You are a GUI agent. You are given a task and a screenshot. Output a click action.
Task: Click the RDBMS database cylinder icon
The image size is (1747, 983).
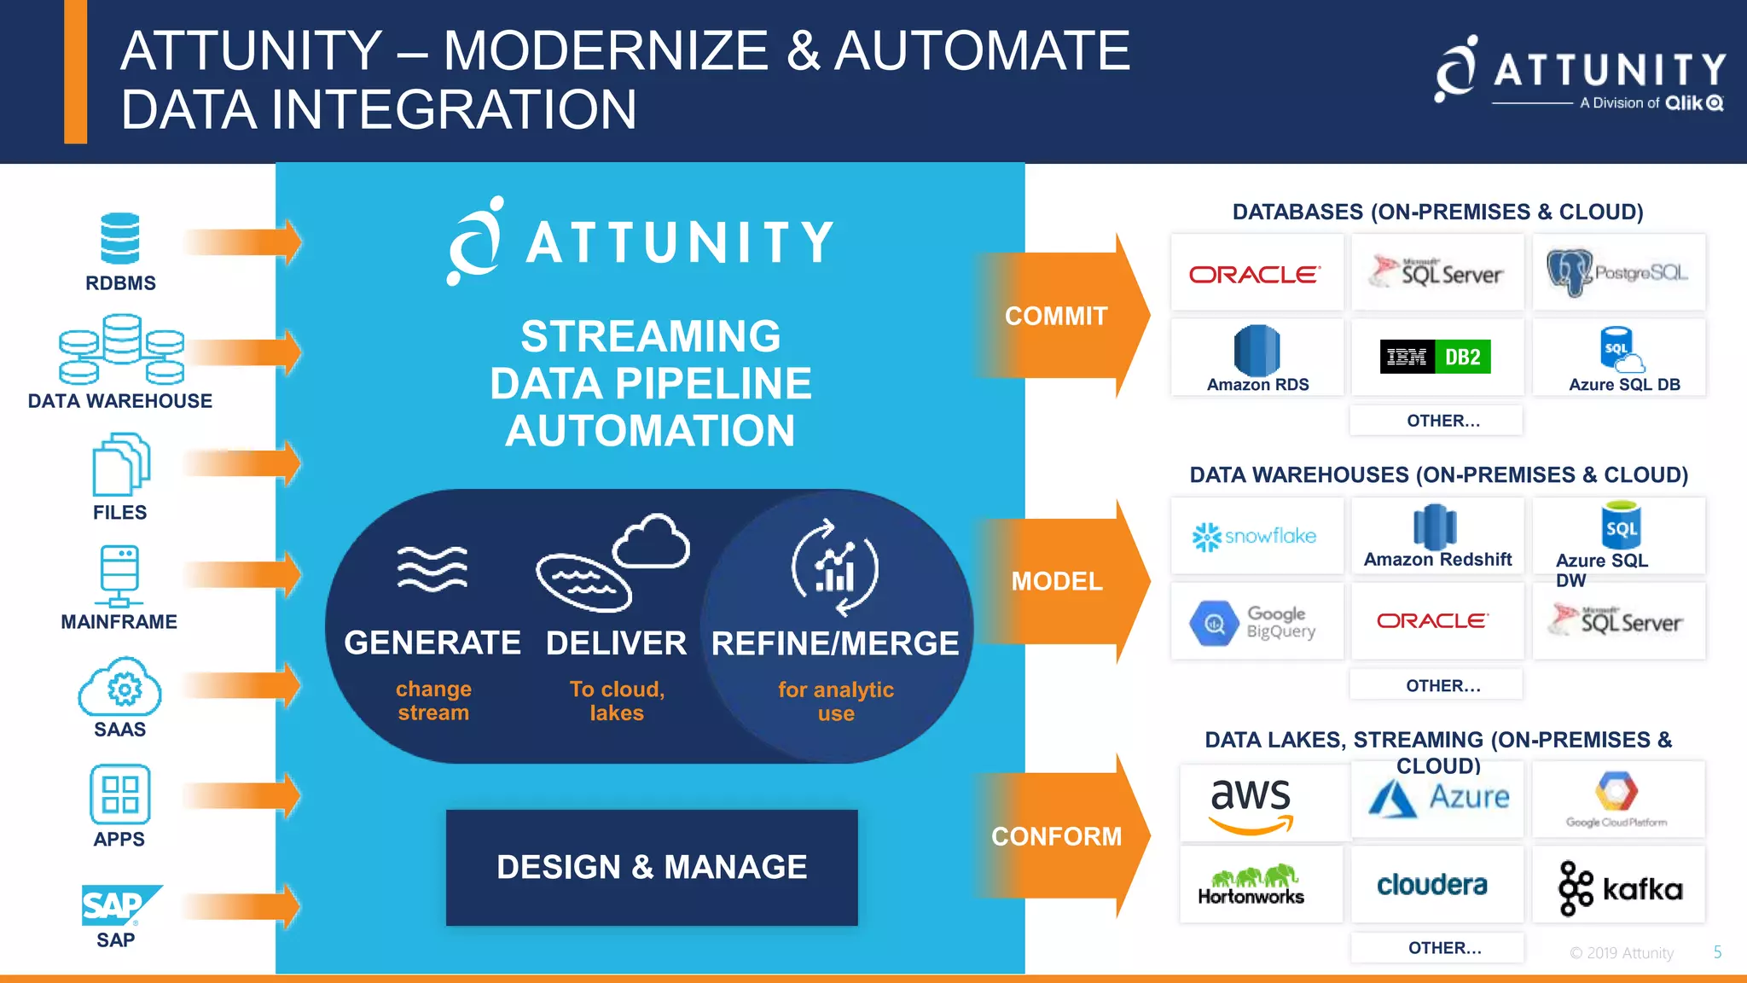pos(119,238)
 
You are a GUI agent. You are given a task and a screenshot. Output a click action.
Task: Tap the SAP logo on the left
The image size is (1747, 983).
pos(119,905)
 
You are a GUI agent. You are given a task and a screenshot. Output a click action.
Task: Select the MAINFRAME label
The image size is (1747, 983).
pos(119,622)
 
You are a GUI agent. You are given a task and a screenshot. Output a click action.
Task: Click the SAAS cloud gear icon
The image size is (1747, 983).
pos(120,687)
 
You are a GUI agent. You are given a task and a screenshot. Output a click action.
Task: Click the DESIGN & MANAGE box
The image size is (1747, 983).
pos(652,867)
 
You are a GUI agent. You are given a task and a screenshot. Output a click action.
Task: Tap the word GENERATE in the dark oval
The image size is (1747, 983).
pos(432,643)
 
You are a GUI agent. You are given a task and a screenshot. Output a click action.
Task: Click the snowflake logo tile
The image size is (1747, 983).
pos(1257,536)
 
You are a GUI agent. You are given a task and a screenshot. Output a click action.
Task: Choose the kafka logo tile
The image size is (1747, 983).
pos(1619,887)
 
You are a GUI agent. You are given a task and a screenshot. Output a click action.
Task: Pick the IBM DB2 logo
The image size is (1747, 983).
pos(1436,357)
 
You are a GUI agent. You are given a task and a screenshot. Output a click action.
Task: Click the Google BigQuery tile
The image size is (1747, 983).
pos(1257,622)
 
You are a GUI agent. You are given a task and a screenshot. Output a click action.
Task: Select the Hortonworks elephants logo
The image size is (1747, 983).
pos(1251,885)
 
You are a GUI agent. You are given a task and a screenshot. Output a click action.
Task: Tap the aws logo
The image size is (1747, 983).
pos(1251,803)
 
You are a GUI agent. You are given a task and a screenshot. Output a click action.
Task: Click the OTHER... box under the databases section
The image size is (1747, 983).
pos(1436,421)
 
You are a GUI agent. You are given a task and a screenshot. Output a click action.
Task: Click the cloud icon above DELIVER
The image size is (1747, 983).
pos(652,542)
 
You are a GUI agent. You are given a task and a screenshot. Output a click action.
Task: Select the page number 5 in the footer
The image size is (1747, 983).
pos(1717,952)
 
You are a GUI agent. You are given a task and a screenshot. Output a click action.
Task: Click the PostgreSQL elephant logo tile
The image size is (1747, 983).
pos(1618,272)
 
